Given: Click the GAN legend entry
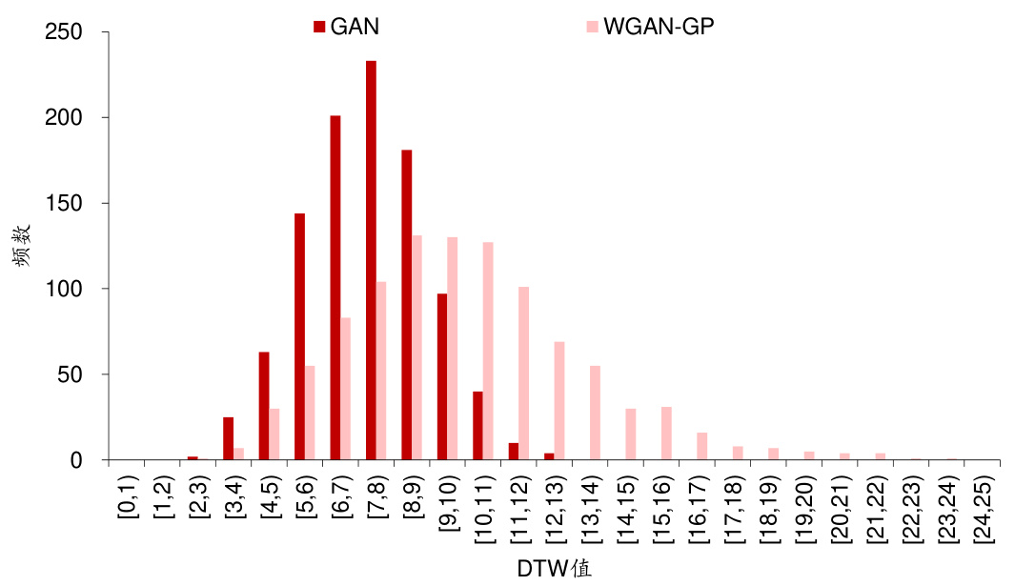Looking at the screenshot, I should click(x=347, y=27).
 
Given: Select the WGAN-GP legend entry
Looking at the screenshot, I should click(x=648, y=27).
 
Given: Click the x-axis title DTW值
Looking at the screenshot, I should click(x=554, y=570).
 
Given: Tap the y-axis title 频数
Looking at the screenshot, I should click(x=26, y=245).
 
